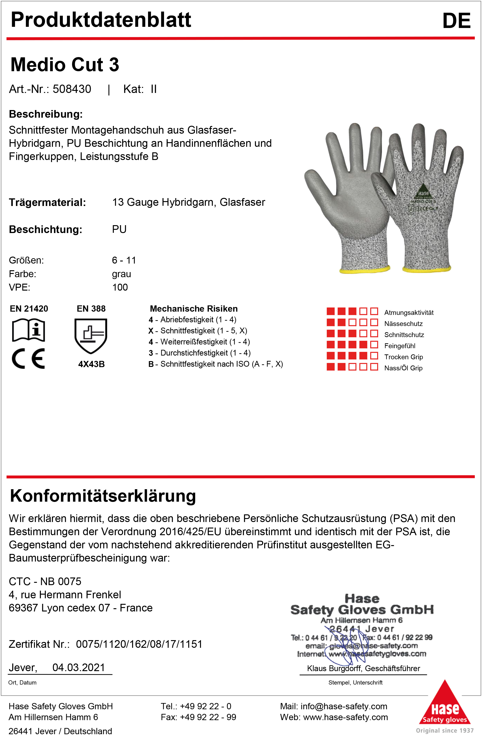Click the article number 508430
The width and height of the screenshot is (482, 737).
tap(72, 89)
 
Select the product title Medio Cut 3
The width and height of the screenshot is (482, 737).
tap(65, 65)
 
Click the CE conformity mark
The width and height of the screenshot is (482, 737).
tap(28, 359)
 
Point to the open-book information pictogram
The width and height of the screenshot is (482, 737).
tap(28, 330)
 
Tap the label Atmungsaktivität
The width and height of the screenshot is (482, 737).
tap(409, 313)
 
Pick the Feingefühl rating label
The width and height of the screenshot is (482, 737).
tap(400, 346)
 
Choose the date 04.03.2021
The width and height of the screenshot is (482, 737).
tap(79, 667)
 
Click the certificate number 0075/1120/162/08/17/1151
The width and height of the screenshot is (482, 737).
tap(139, 644)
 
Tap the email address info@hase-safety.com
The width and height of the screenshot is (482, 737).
tap(344, 706)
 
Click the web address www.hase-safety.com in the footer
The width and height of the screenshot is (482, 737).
tap(345, 717)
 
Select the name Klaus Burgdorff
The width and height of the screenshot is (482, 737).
tap(334, 668)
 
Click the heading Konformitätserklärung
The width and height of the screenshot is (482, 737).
tap(103, 496)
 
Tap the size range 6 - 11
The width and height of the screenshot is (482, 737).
tap(124, 260)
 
